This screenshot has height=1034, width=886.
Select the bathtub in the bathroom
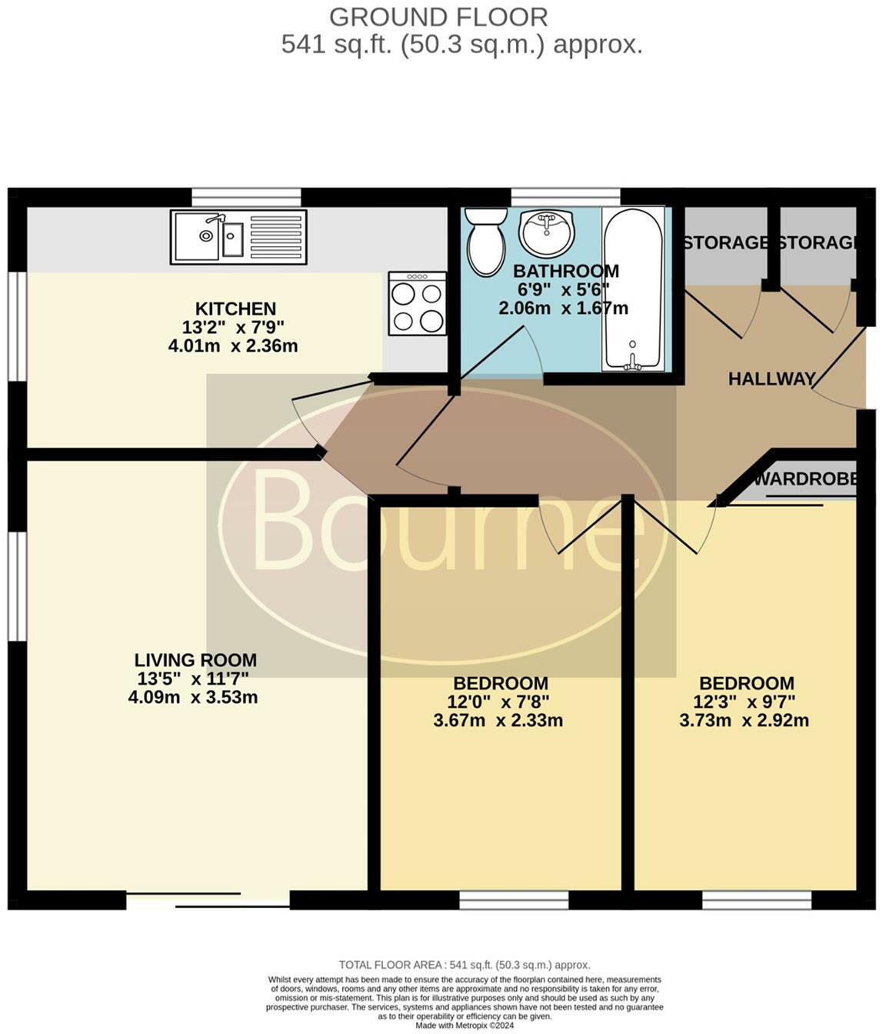(633, 289)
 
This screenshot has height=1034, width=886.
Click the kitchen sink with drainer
(238, 237)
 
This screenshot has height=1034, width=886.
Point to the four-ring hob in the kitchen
(417, 303)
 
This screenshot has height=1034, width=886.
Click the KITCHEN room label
(235, 309)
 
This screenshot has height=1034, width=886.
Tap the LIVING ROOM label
(195, 660)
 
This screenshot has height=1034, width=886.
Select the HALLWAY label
(771, 379)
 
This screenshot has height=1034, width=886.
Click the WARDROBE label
(805, 479)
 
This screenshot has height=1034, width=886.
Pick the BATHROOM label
(566, 271)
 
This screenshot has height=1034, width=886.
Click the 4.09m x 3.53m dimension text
(193, 697)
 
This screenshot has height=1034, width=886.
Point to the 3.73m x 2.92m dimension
(744, 720)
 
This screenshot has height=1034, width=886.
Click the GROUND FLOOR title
(438, 18)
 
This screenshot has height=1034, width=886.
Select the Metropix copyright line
(465, 1026)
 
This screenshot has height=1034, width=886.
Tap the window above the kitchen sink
(247, 197)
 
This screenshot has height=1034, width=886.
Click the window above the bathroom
(565, 197)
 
